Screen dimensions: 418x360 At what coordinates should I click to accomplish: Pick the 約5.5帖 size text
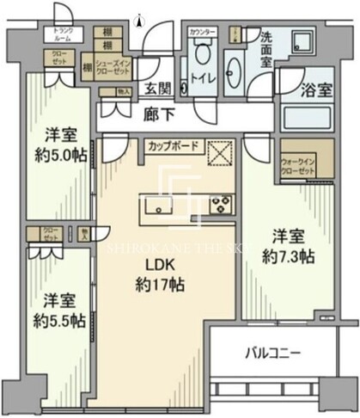59,320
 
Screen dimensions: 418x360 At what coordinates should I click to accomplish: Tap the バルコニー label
272,353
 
